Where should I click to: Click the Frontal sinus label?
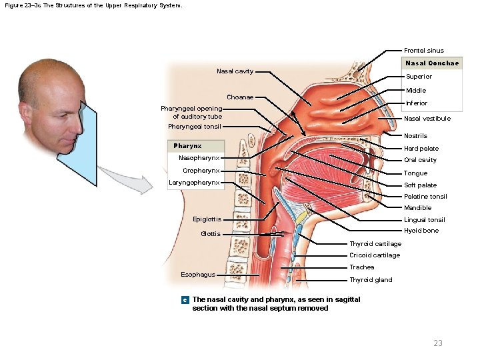click(423, 51)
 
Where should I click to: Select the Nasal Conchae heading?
click(432, 63)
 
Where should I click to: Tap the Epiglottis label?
click(207, 219)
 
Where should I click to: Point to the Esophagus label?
click(198, 275)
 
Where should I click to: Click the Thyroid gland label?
click(371, 280)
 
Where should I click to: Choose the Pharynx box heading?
click(187, 146)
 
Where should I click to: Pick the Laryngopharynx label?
click(194, 182)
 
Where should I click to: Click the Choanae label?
click(240, 97)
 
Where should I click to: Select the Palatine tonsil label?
click(425, 197)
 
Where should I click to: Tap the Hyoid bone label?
click(421, 231)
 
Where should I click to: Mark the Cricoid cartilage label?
click(375, 255)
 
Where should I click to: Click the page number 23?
click(437, 343)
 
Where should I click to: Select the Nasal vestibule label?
click(427, 119)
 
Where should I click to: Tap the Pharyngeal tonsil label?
click(194, 127)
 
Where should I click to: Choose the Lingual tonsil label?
click(424, 220)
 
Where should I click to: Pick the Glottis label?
click(211, 234)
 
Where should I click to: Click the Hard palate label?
click(421, 149)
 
